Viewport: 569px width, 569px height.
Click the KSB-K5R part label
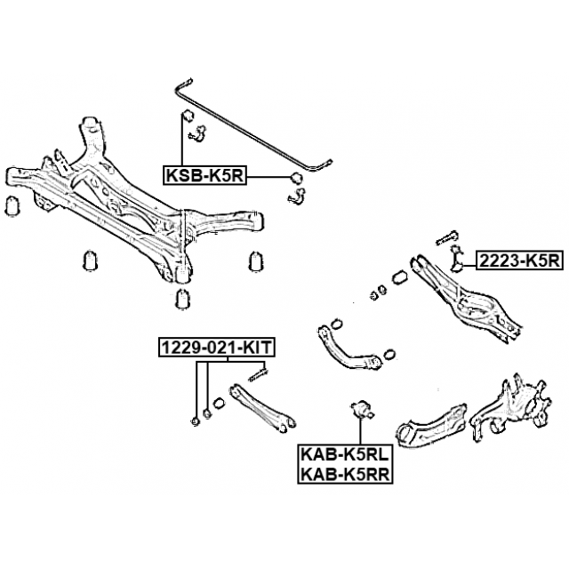(204, 176)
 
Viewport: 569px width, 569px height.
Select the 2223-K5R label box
(519, 260)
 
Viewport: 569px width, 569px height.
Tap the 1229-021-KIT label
(217, 348)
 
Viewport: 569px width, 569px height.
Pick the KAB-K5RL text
(345, 454)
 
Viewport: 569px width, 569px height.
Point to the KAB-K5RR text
(345, 474)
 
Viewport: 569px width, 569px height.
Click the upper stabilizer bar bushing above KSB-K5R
(188, 116)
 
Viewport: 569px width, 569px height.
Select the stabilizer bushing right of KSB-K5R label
(297, 178)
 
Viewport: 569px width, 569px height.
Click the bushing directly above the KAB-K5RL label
(361, 410)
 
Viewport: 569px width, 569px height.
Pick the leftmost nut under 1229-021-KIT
(196, 421)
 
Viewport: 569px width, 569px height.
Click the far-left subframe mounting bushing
(13, 206)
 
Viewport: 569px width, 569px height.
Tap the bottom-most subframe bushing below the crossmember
(183, 299)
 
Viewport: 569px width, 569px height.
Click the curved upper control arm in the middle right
(349, 348)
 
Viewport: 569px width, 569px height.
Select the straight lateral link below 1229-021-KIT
(262, 407)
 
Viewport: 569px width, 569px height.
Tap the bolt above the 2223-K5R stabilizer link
(446, 237)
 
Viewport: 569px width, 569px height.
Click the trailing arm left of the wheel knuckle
(431, 424)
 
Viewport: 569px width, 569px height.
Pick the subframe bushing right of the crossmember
(256, 260)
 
